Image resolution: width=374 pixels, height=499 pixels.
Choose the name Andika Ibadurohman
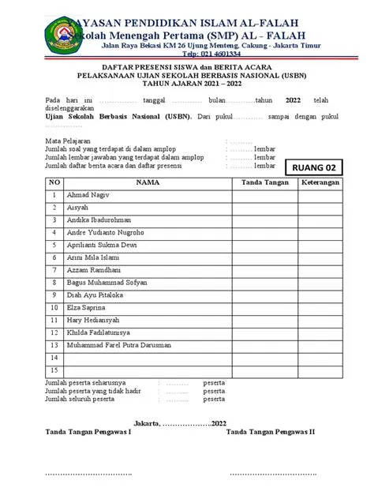(99, 219)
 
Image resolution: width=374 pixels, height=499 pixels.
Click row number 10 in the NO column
(54, 307)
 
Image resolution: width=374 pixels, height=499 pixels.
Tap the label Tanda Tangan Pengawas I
(88, 432)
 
